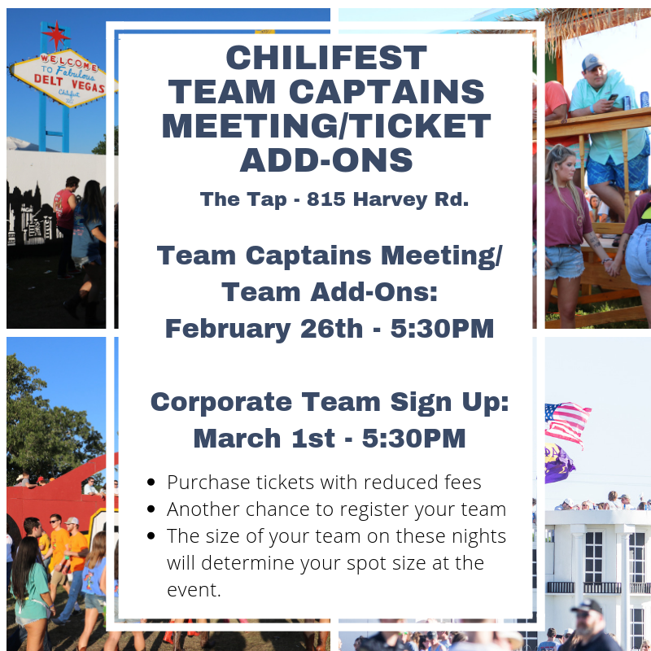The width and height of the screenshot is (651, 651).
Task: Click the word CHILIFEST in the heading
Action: click(326, 58)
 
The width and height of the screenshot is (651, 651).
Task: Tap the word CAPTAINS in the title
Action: click(387, 92)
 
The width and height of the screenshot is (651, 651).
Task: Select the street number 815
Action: click(326, 199)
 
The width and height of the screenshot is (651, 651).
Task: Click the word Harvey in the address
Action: click(390, 200)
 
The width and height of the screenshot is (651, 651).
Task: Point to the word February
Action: click(228, 330)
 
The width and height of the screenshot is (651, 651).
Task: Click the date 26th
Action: click(331, 329)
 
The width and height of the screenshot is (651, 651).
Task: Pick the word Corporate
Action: click(221, 403)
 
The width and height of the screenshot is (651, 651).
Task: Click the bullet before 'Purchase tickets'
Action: click(151, 483)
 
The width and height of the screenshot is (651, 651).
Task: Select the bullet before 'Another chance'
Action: click(151, 509)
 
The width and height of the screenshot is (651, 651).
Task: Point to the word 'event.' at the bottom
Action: click(194, 590)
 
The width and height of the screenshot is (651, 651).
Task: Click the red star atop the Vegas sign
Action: click(56, 35)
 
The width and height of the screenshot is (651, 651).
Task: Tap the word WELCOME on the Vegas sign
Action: click(69, 63)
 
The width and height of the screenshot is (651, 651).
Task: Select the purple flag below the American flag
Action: click(559, 464)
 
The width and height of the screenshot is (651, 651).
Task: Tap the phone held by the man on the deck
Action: click(613, 98)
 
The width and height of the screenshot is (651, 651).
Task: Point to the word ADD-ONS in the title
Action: click(326, 160)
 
